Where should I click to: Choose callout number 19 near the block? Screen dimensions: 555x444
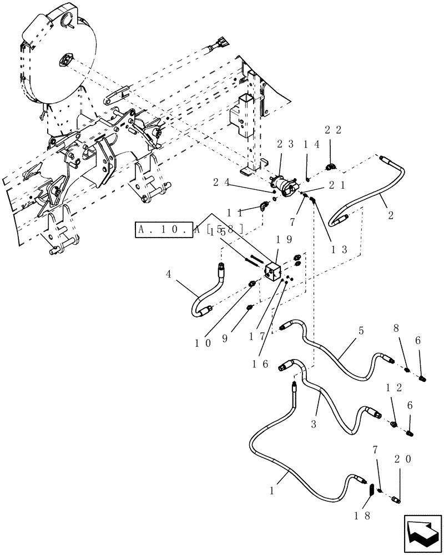point(285,240)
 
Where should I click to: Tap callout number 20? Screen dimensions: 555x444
point(404,460)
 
